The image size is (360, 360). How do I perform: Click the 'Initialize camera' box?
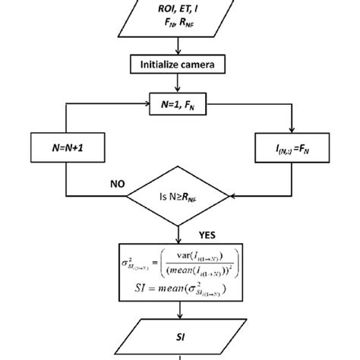[x=181, y=65]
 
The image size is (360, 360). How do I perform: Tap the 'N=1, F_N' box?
[x=180, y=99]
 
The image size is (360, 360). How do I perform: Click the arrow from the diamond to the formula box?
[x=180, y=234]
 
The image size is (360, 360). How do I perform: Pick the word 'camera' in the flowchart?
[x=204, y=65]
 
